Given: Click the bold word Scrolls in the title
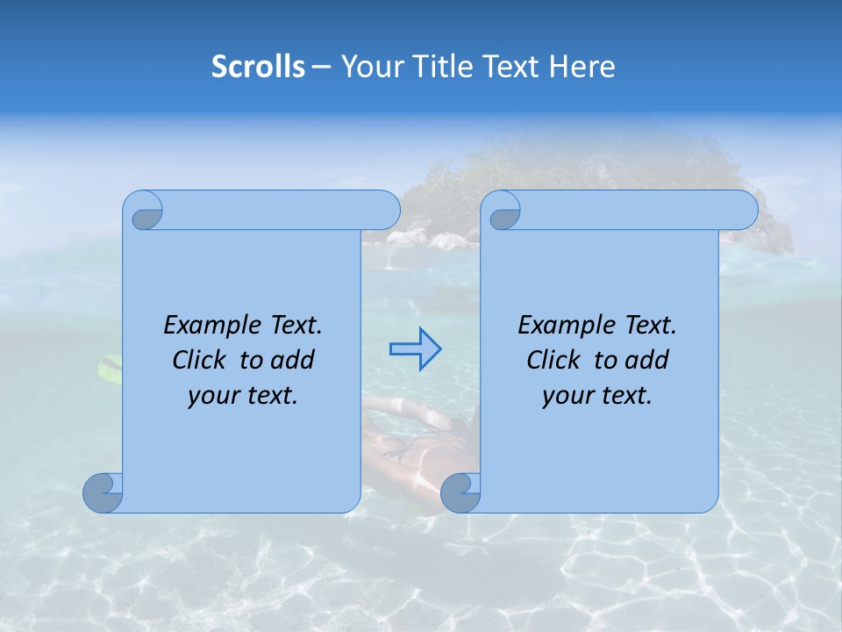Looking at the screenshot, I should point(258,67).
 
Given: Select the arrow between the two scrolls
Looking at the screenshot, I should point(415,349).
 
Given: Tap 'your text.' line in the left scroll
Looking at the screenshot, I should point(243,395).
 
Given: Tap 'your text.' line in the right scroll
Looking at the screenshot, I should point(597,395).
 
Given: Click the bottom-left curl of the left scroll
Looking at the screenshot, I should point(103,492).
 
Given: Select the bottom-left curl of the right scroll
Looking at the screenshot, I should point(460,492).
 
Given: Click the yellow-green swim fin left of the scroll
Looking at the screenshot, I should point(110,369).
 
